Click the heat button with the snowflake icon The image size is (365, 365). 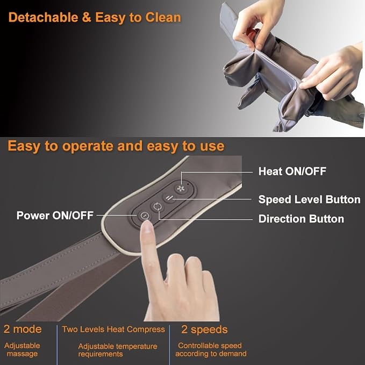tap(181, 189)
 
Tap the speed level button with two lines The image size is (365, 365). tap(169, 198)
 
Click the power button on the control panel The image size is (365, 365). tap(144, 216)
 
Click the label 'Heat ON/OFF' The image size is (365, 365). tap(292, 171)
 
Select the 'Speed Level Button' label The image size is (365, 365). tap(310, 199)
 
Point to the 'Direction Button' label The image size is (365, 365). tap(301, 219)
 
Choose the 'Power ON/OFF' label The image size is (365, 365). tap(55, 216)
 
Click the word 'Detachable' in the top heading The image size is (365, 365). tap(44, 17)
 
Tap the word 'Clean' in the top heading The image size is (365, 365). tap(163, 17)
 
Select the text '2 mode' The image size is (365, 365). tap(23, 329)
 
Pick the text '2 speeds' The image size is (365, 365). tap(204, 330)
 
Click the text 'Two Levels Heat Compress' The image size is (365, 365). tap(113, 330)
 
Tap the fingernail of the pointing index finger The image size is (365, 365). tap(147, 226)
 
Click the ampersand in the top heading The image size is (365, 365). tap(87, 17)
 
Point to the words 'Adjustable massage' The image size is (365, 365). tap(22, 349)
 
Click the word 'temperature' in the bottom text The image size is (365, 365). tap(137, 346)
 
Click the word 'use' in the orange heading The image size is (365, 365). tap(212, 146)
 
